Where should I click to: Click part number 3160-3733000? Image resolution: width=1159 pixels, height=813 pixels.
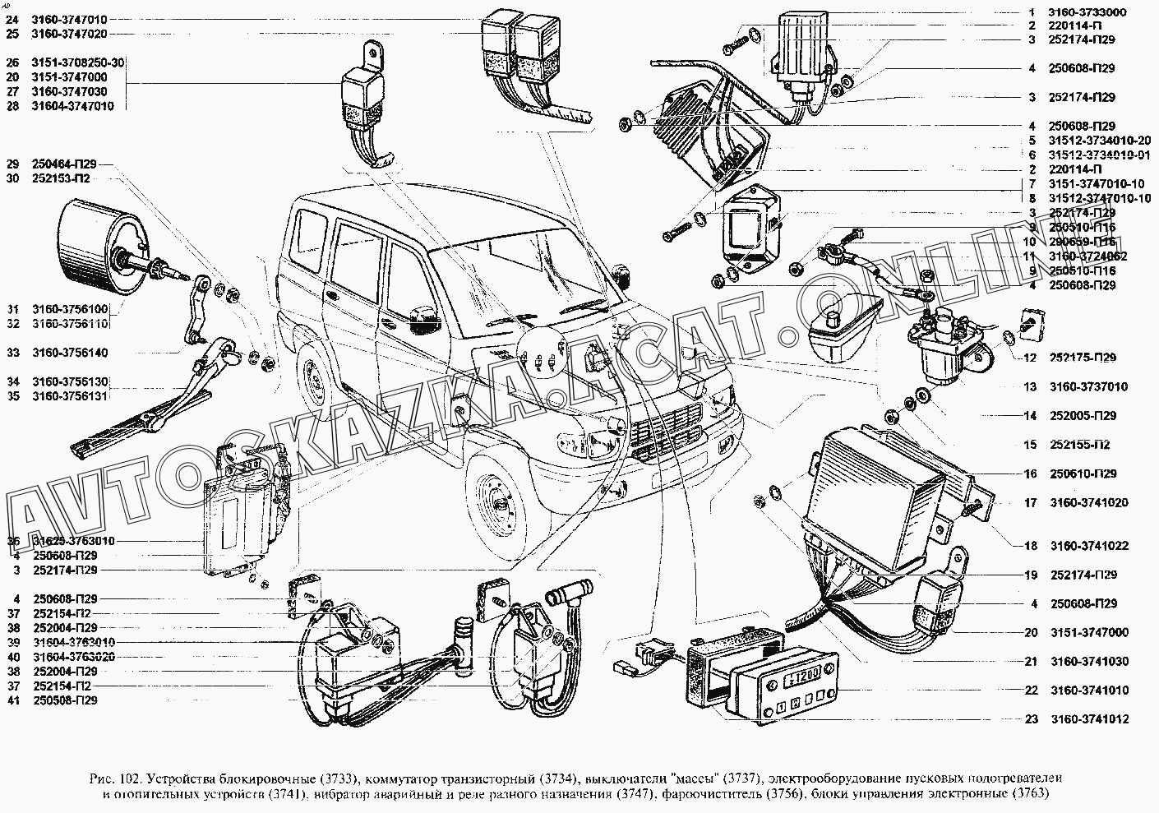1083,12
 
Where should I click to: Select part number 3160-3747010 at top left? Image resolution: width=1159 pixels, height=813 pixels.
69,19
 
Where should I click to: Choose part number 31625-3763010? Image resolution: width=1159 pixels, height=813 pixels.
73,542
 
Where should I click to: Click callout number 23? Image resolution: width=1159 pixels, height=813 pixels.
1032,719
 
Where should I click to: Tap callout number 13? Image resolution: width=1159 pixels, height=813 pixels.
1031,386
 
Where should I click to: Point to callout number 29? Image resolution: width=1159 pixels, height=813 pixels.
12,164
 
